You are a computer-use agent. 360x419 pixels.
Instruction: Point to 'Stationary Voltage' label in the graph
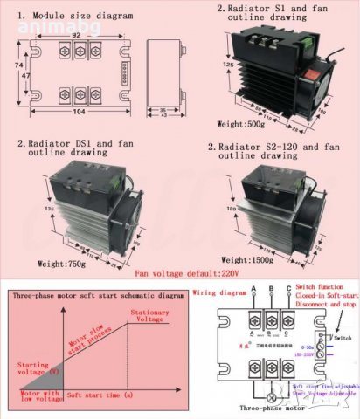[x=149, y=316]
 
